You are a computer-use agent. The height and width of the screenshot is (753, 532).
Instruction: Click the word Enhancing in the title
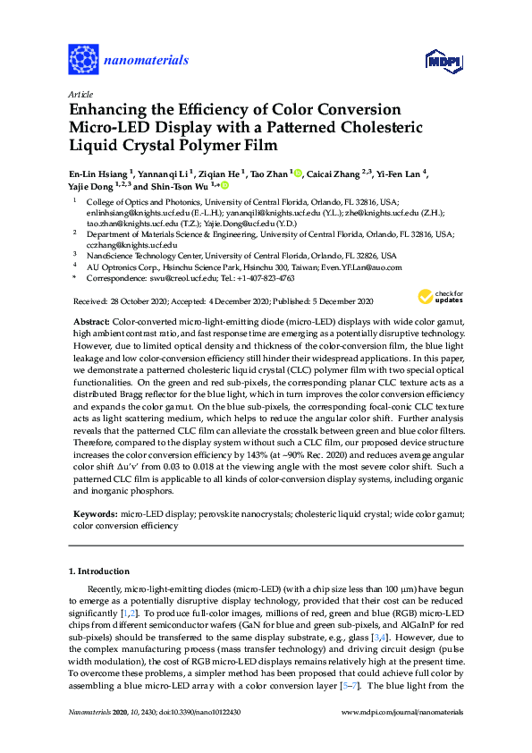pyautogui.click(x=104, y=110)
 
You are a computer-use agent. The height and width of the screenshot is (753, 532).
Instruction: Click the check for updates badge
pyautogui.click(x=438, y=298)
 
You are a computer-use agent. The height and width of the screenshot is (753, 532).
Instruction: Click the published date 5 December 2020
pyautogui.click(x=340, y=301)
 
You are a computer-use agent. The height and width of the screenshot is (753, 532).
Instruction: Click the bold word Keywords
pyautogui.click(x=92, y=515)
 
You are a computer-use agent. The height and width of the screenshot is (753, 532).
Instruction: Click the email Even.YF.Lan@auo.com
pyautogui.click(x=358, y=267)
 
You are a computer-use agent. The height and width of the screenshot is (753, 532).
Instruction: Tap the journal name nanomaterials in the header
pyautogui.click(x=147, y=61)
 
